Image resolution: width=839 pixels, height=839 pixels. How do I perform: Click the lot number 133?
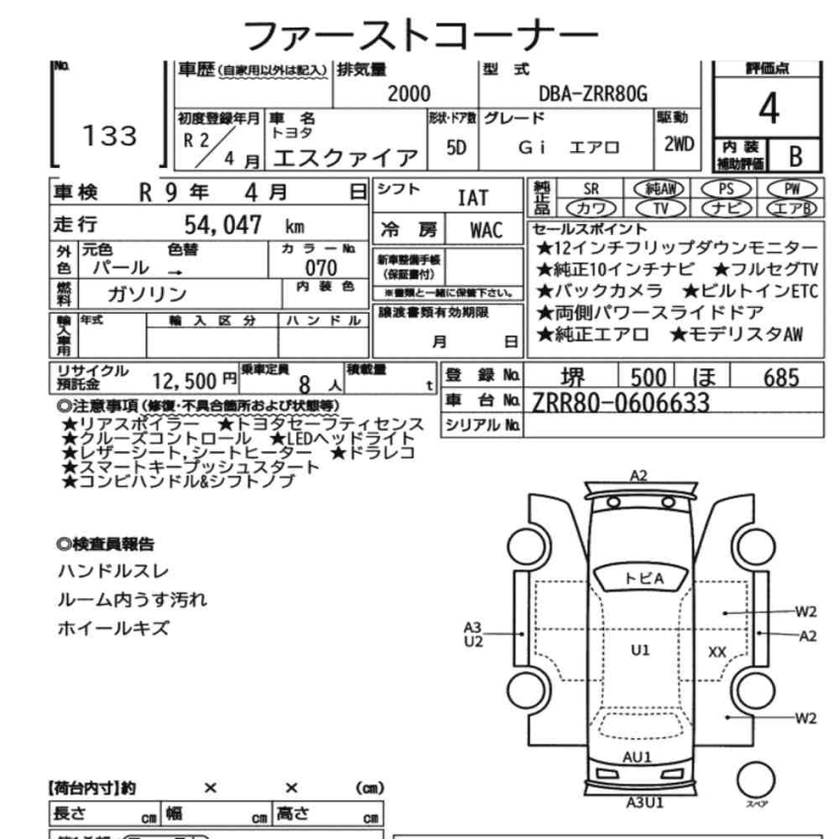111,136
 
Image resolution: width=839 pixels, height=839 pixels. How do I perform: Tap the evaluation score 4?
768,109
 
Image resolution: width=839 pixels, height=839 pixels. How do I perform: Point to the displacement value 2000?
408,94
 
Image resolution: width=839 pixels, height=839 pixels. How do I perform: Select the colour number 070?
321,267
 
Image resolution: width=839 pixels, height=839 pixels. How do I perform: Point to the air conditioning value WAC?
486,231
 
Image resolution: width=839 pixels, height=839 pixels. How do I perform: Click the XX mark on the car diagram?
718,651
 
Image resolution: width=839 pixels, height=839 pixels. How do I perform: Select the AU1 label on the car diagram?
637,757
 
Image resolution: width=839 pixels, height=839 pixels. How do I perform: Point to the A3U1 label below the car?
645,801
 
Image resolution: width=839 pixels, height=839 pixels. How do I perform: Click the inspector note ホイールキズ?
114,628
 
